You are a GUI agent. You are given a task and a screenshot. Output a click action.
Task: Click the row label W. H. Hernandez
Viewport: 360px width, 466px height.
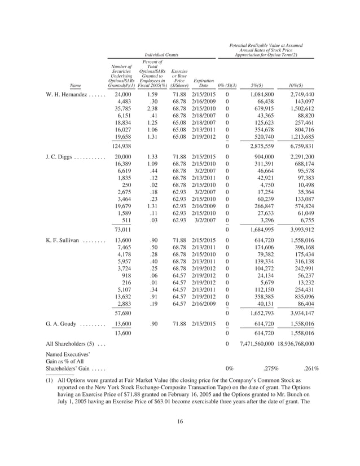coord(66,95)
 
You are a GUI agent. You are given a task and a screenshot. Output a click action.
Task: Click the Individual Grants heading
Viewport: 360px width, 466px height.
coord(161,55)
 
